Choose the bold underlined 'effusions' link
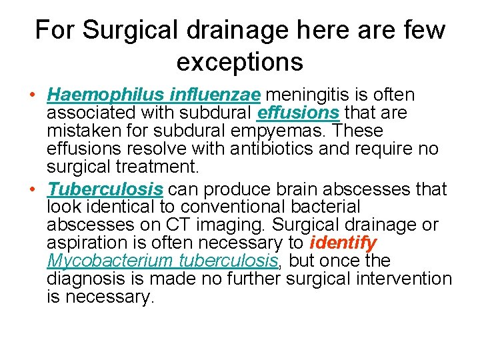298,113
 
